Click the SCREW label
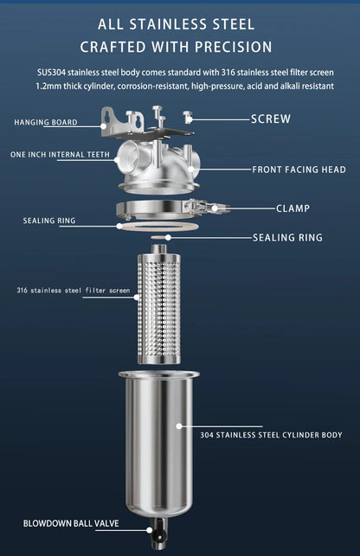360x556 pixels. coord(270,118)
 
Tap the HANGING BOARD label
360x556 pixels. coord(45,123)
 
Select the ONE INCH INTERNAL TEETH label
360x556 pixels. coord(60,155)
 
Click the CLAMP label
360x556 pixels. coord(292,208)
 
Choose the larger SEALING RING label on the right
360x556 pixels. coord(287,237)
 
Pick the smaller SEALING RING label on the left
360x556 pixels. coord(48,220)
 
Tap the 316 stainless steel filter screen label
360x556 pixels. coord(73,291)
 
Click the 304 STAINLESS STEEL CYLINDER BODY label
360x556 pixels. coord(271,435)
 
